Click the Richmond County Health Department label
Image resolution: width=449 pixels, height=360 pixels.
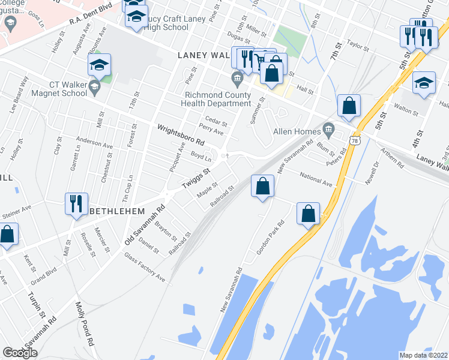click(218, 98)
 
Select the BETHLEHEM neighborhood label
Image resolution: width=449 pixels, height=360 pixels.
click(117, 212)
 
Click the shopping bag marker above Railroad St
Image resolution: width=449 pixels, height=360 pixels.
click(262, 186)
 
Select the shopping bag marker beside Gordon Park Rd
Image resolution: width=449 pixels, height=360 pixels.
click(308, 214)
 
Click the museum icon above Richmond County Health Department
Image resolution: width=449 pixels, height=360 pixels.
click(237, 77)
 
